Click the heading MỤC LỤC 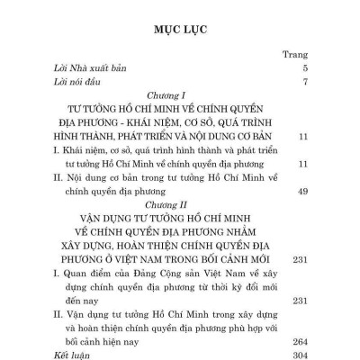pos(180,28)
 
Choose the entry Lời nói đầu pos(74,83)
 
